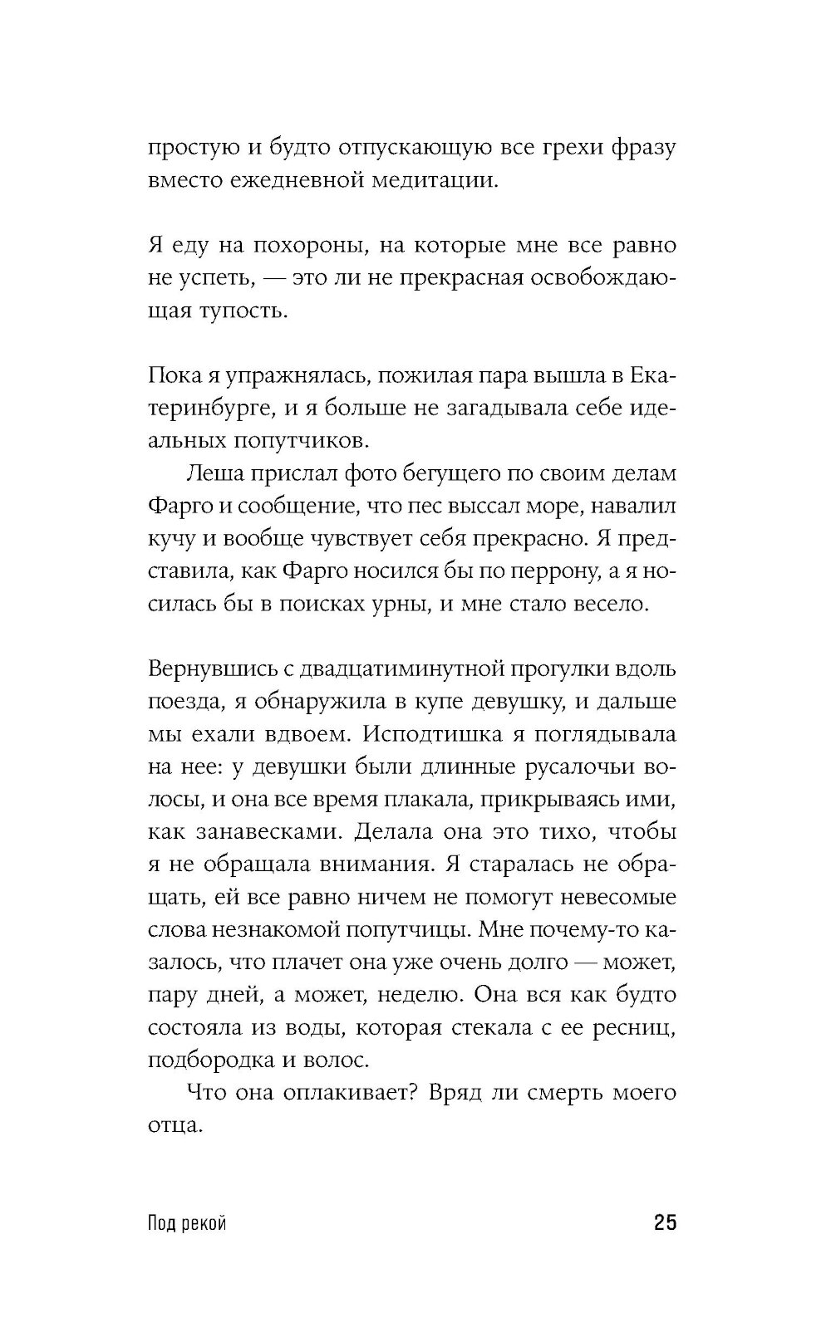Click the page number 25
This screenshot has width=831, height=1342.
click(665, 1223)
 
